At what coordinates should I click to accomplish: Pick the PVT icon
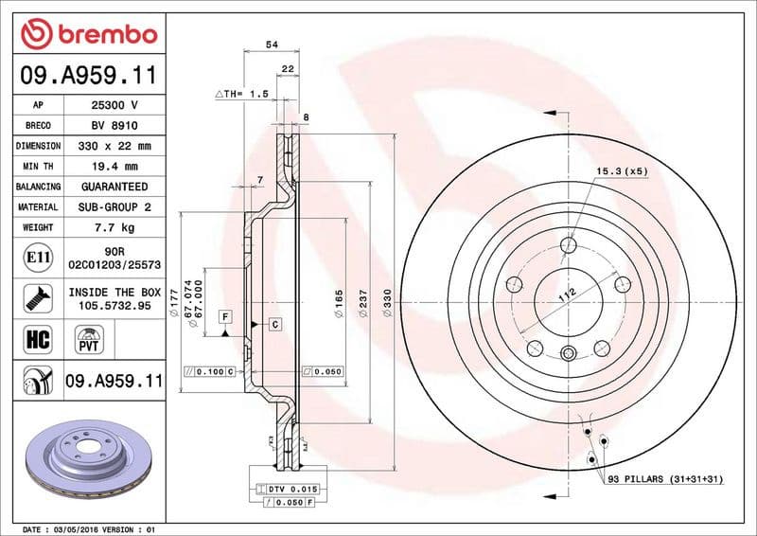point(91,338)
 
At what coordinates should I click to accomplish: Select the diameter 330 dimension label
point(386,303)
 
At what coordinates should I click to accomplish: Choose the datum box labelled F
point(226,315)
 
